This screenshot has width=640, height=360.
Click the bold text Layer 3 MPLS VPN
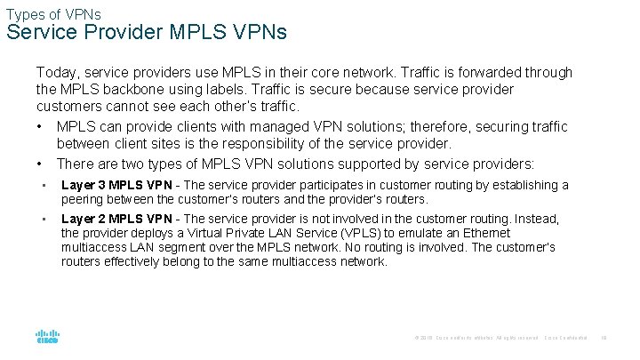(x=116, y=185)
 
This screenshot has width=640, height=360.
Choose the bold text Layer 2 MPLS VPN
(x=116, y=219)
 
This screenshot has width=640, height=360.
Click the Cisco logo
(x=47, y=338)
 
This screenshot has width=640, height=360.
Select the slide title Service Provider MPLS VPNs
(x=147, y=33)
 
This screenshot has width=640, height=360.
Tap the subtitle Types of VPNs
(x=53, y=13)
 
